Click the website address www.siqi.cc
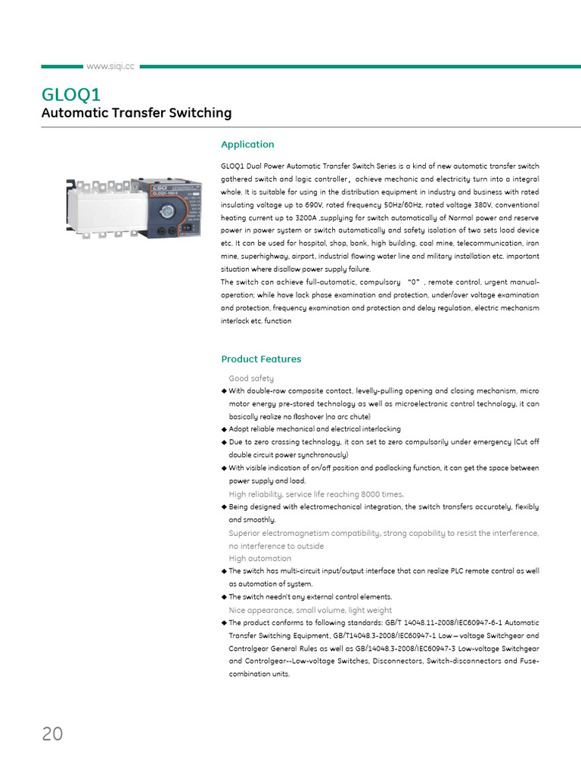[110, 67]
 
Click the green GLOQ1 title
[70, 95]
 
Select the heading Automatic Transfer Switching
[136, 114]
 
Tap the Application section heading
[247, 145]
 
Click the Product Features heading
[261, 359]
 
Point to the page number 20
[52, 733]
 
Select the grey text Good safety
[251, 378]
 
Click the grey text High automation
[259, 559]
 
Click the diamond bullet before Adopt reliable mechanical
[224, 429]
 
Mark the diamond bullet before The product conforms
[224, 623]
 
